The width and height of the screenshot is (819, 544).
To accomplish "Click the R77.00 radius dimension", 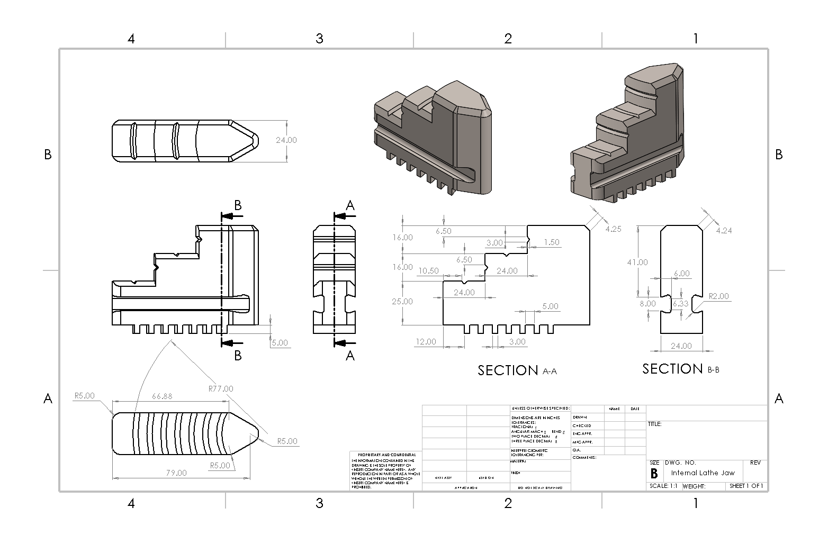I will coord(221,388).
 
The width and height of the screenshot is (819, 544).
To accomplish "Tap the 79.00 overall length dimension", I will coord(176,473).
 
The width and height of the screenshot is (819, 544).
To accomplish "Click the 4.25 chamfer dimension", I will coord(613,229).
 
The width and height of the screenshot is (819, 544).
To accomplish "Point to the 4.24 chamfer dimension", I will coord(724,230).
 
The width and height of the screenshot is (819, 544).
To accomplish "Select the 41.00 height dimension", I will coord(637,262).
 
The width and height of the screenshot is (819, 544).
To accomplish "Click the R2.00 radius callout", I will coord(718,296).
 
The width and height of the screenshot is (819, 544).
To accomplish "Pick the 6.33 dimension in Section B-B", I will coord(680,304).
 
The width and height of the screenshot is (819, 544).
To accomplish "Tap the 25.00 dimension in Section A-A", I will coord(402,301).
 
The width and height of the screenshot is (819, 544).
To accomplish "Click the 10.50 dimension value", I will coord(428,270).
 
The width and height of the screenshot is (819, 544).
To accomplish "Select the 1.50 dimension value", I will coord(551,242).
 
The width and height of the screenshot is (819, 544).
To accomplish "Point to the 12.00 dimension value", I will coord(426,341).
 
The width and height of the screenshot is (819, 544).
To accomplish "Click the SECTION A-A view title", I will coord(517,370).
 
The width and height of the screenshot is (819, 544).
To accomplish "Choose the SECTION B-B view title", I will coord(680,368).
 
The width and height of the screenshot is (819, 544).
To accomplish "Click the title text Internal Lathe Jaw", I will coord(703,473).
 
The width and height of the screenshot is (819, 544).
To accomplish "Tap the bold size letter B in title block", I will coord(654,473).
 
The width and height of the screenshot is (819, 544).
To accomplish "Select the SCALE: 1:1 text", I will coord(663,486).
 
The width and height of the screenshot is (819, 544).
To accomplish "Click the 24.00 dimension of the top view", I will coord(286,140).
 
